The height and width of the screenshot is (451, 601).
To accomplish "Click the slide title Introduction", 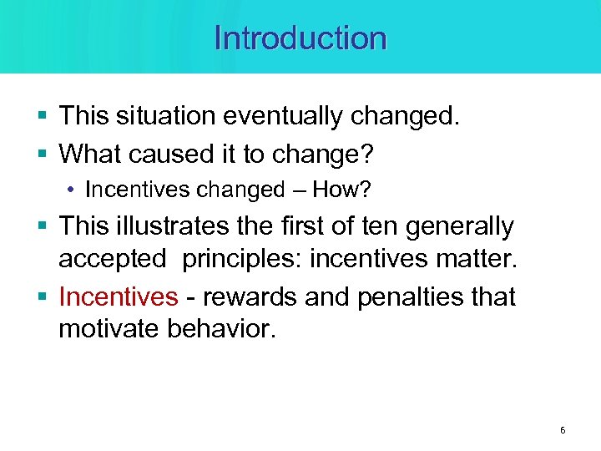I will (300, 38).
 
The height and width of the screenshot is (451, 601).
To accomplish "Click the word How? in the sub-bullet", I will (341, 190).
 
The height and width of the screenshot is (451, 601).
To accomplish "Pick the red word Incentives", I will (119, 296).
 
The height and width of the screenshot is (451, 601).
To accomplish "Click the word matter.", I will (475, 260).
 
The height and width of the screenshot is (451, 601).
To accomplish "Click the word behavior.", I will (220, 328).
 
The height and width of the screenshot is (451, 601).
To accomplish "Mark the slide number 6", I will (562, 430).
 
